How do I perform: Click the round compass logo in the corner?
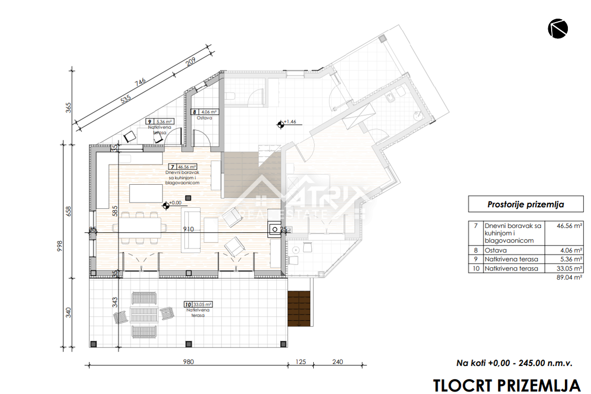point(558,29)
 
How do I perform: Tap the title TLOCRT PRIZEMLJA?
point(507,386)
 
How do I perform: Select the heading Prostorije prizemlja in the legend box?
point(525,204)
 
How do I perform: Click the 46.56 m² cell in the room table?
point(569,226)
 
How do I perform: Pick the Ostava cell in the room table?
point(495,250)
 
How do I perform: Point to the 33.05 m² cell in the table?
point(569,268)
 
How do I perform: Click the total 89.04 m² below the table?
point(569,277)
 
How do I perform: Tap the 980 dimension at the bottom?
point(188,361)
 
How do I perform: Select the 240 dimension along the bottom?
point(337,361)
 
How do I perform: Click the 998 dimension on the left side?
point(60,246)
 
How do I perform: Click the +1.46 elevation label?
point(290,122)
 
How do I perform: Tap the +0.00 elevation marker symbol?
point(166,206)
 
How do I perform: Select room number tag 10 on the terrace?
point(188,304)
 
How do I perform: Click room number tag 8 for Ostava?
point(195,112)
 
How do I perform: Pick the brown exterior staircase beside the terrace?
point(298,308)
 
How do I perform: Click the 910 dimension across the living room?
point(188,229)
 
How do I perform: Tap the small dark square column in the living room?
point(188,197)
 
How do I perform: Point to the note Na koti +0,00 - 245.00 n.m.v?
point(514,363)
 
